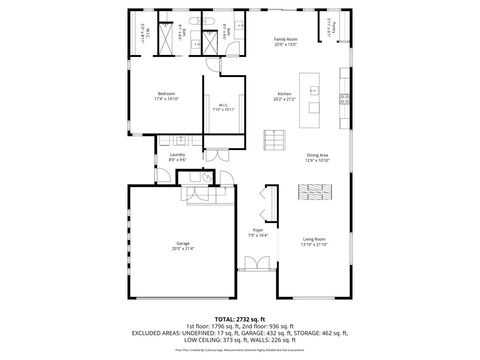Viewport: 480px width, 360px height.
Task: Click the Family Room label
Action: click(x=286, y=40)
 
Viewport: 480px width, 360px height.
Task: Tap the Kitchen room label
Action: click(x=285, y=94)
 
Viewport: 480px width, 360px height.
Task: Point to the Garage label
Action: click(x=183, y=243)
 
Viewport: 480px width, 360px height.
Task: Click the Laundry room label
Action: click(x=177, y=154)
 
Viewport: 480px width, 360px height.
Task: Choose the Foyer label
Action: click(x=258, y=231)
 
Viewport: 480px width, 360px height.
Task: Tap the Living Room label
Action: click(x=315, y=239)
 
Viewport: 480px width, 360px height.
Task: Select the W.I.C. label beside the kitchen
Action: click(x=223, y=105)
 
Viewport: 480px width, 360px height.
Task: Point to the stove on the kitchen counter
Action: click(x=345, y=98)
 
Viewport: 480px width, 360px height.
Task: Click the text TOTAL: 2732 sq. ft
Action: click(x=240, y=318)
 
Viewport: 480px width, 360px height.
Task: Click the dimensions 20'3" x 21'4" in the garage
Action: click(x=183, y=249)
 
